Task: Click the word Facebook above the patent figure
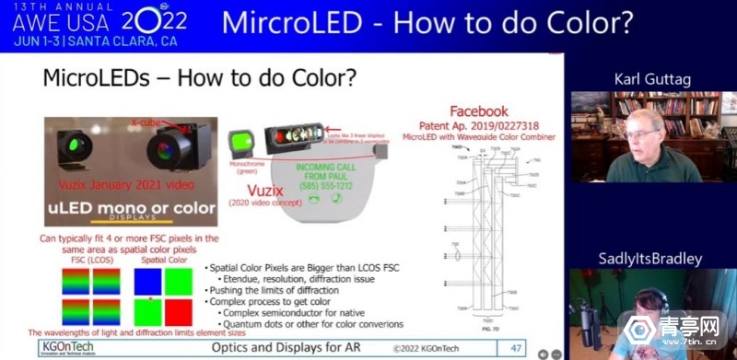click(x=478, y=111)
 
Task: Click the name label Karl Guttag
click(x=653, y=79)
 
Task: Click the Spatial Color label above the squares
click(x=159, y=261)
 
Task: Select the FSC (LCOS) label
click(x=89, y=261)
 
